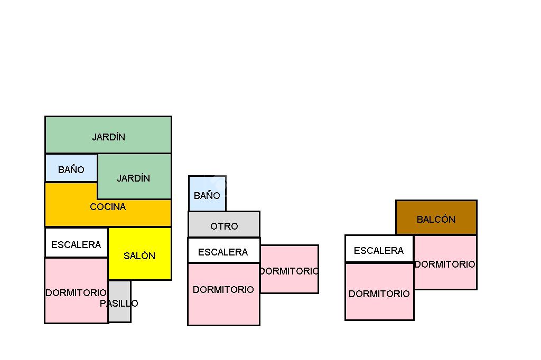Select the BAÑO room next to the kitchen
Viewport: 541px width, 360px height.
coord(71,169)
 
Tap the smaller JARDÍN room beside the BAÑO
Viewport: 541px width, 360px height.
coord(134,177)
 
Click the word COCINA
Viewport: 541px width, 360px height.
coord(108,207)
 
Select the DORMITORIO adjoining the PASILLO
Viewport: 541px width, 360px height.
coord(76,291)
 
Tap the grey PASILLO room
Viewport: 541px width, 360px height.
coord(119,302)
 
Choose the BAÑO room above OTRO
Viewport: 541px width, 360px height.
coord(207,194)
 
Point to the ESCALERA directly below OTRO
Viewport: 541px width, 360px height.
coord(223,251)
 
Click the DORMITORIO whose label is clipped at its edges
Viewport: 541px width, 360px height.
coord(290,270)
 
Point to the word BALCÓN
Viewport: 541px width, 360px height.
coord(436,220)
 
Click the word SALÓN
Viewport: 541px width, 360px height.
coord(139,256)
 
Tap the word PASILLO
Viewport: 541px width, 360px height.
coord(119,304)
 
